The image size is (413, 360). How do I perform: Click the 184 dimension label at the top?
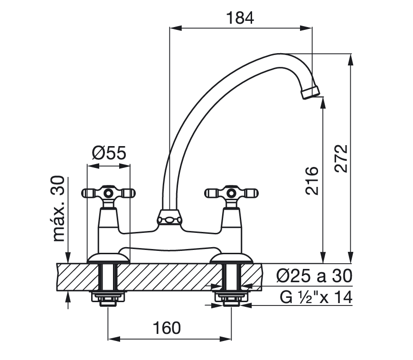pos(241,18)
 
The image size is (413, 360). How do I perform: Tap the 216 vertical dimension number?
pos(312,180)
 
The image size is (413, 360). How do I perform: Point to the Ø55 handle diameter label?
pos(109,154)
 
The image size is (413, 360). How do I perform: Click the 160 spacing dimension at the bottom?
pos(168,328)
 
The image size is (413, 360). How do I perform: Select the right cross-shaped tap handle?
pos(231,193)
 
